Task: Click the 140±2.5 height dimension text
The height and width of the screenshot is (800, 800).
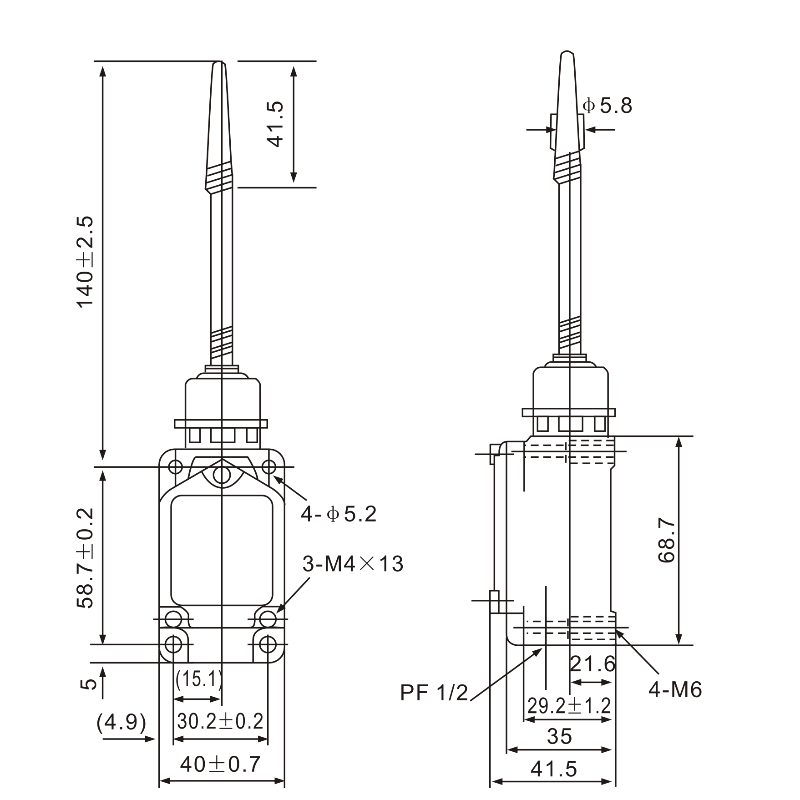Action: click(x=85, y=262)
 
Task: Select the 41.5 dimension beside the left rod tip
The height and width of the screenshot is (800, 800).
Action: click(x=275, y=124)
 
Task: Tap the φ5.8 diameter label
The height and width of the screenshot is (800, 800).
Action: click(x=608, y=106)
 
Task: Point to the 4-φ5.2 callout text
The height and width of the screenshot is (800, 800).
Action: click(x=339, y=515)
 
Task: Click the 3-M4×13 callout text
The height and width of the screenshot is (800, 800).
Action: click(x=353, y=564)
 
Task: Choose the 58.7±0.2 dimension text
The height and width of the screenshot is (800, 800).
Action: click(x=85, y=558)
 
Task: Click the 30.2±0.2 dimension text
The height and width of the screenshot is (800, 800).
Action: click(x=220, y=721)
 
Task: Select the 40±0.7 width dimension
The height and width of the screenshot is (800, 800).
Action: click(x=220, y=764)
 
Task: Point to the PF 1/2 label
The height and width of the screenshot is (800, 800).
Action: click(x=434, y=693)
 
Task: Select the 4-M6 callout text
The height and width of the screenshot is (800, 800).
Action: click(x=675, y=690)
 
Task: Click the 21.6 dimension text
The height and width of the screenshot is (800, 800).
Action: click(x=592, y=664)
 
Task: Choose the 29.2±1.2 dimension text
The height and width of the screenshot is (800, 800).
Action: click(x=569, y=706)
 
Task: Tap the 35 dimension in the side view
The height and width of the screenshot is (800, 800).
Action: click(x=559, y=736)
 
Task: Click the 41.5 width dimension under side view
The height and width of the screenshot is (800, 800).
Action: click(x=554, y=770)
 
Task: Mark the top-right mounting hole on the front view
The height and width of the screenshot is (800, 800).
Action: click(x=269, y=467)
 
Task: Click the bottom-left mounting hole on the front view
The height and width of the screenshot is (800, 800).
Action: click(x=173, y=644)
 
